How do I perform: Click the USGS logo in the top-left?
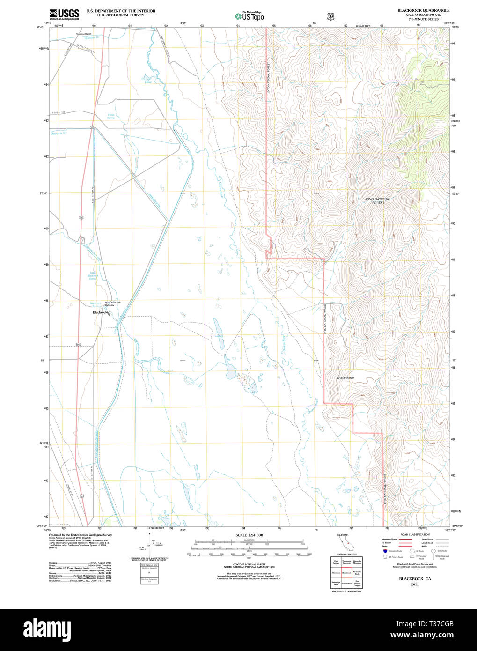64,14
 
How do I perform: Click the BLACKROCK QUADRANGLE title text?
423,10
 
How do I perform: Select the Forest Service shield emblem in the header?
331,16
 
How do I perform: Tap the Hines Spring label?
111,116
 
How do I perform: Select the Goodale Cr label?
59,133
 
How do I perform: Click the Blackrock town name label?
100,312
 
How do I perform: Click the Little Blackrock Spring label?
93,276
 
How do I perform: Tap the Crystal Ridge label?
345,377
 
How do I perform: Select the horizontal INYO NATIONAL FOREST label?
378,201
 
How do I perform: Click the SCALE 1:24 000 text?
249,535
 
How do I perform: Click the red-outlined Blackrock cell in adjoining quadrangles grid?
346,572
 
